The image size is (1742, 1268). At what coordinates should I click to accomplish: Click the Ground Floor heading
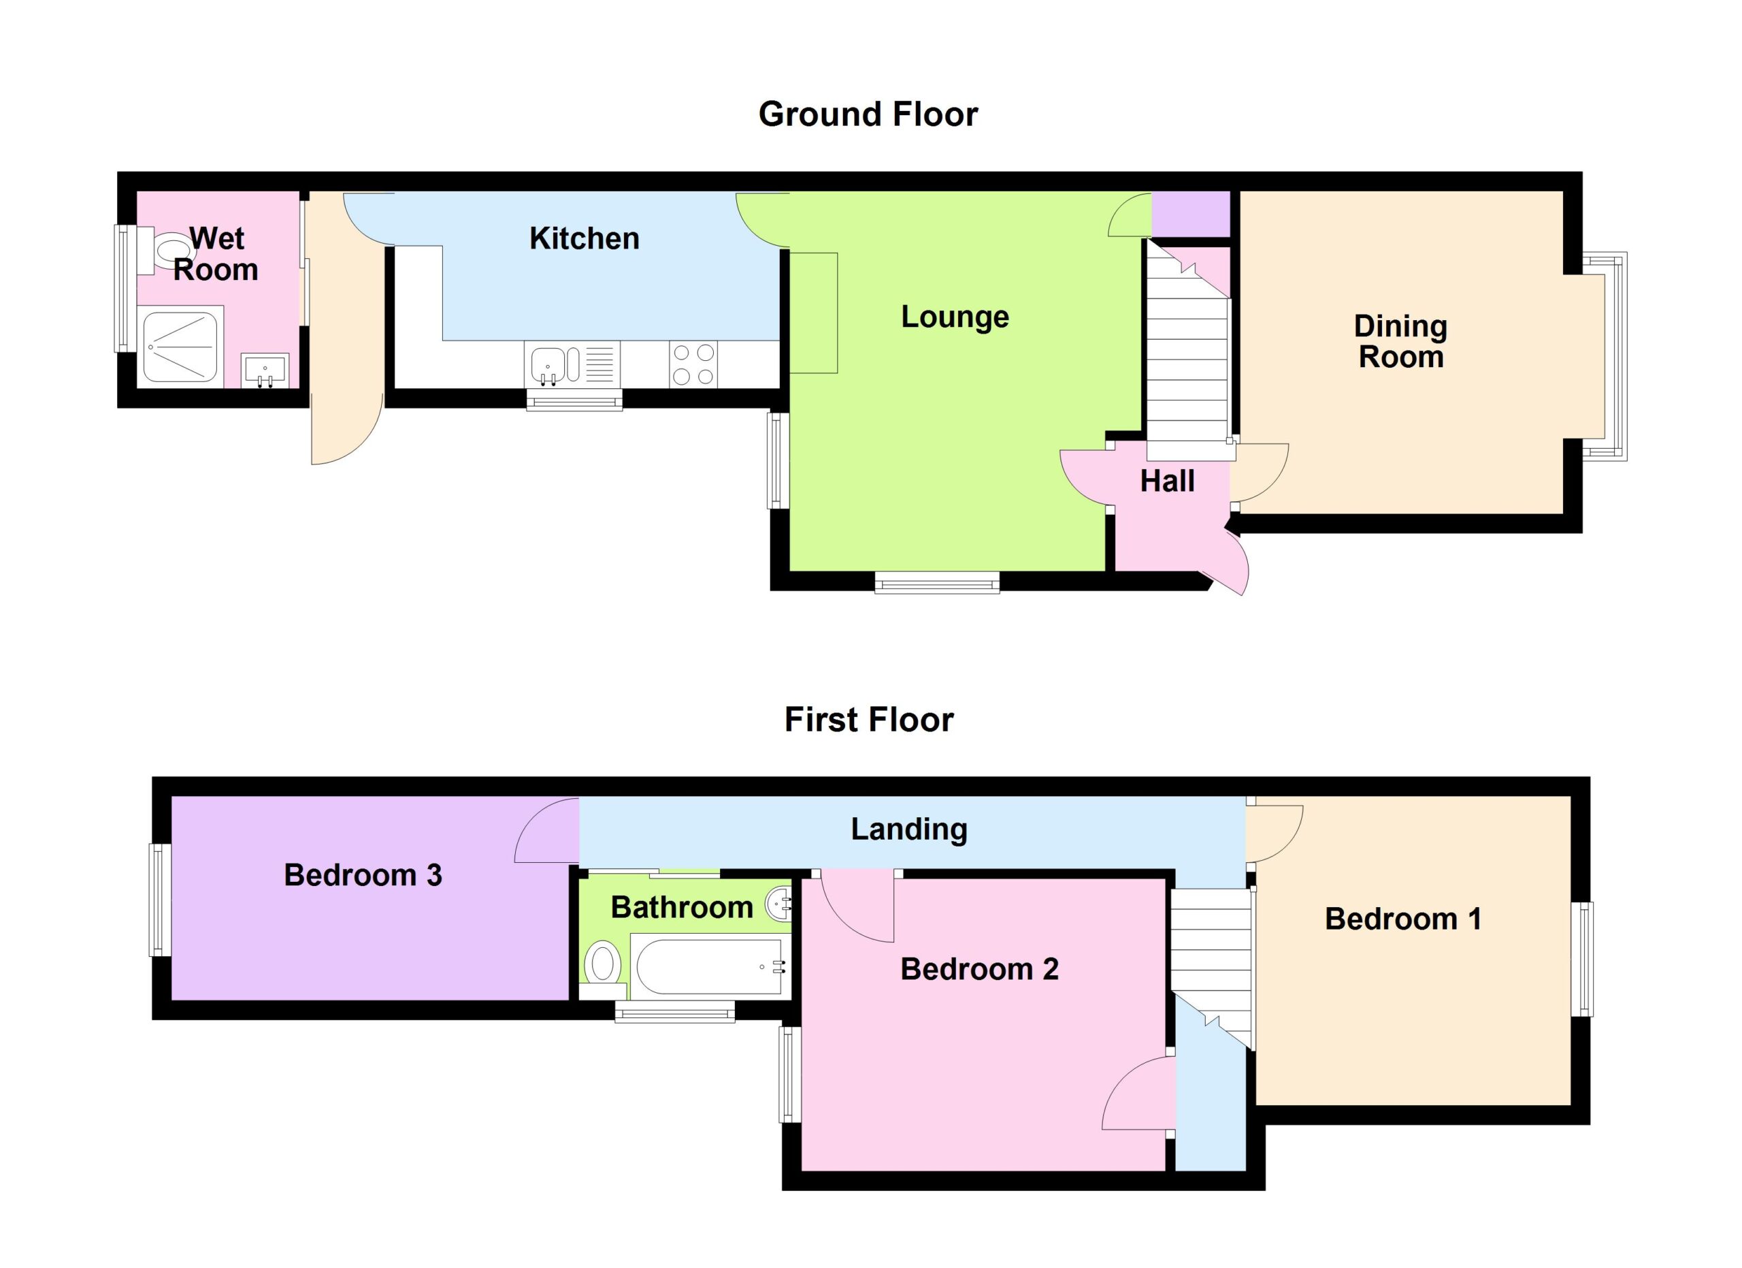868,114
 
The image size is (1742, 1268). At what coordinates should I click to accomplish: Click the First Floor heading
869,720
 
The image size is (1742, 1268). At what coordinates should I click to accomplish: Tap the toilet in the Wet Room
166,250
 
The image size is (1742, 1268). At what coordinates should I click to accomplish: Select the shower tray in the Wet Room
182,347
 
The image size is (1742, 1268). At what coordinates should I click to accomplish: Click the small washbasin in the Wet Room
265,370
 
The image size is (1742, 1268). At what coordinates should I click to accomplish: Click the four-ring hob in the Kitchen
693,364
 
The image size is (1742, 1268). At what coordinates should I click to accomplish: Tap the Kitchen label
585,239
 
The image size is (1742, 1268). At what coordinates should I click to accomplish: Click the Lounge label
955,317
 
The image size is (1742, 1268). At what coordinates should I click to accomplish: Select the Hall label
1167,481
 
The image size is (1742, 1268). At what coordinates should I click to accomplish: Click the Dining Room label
1400,341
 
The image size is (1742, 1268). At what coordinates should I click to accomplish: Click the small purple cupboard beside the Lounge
1191,214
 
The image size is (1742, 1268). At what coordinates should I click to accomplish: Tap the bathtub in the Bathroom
710,966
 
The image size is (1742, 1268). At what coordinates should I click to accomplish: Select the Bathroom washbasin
778,904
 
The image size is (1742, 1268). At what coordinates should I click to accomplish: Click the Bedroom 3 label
363,875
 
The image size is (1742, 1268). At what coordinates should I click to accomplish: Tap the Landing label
908,829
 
